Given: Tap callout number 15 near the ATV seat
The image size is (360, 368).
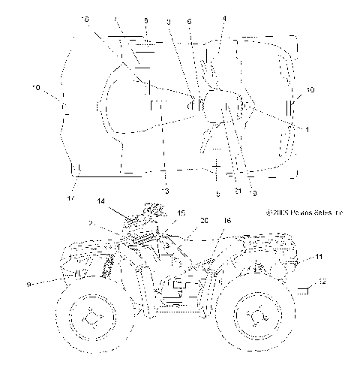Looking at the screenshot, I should (181, 213).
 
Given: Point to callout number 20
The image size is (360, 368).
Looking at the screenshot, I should (204, 221).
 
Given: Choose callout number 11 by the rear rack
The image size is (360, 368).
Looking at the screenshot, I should (319, 258).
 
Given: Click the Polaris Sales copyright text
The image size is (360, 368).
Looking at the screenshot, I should (304, 213).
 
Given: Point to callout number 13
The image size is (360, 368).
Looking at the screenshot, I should (166, 191).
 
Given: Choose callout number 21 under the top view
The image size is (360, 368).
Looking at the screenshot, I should (237, 192).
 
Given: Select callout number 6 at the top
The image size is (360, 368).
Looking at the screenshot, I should (189, 22).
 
